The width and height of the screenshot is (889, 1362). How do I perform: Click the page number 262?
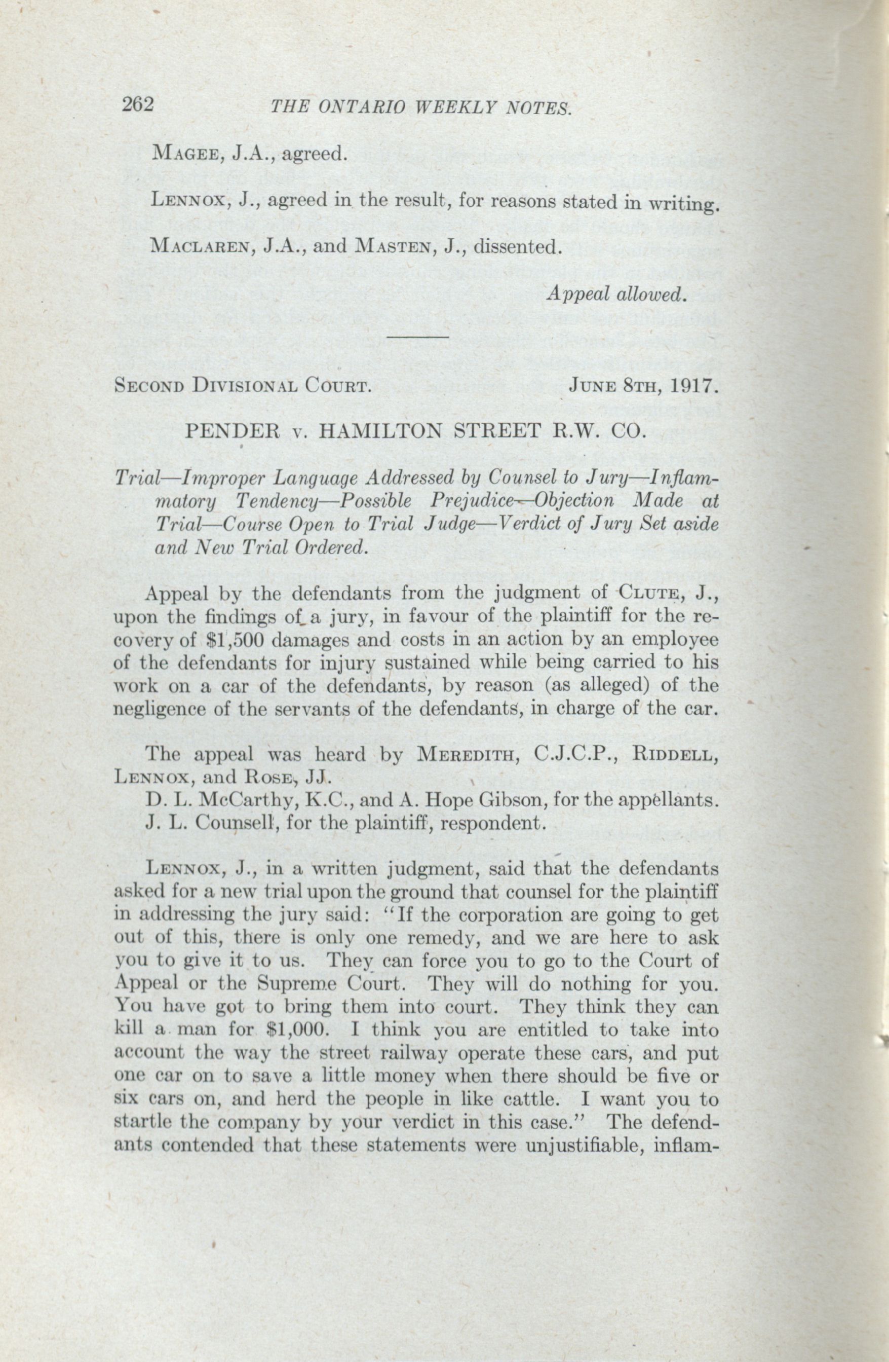tap(138, 105)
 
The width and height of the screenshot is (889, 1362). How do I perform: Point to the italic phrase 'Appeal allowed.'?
tap(615, 293)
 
